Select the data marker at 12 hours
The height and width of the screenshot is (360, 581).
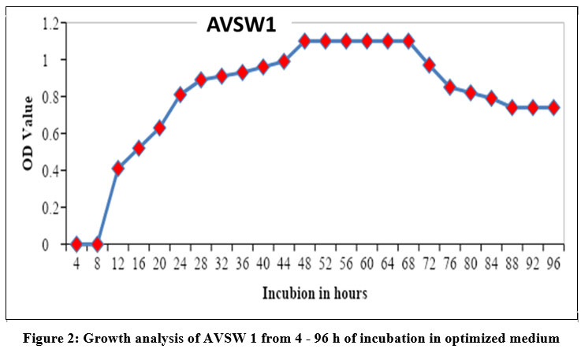pyautogui.click(x=118, y=168)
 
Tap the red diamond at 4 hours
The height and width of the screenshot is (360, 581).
pyautogui.click(x=76, y=244)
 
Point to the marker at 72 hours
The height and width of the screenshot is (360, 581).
pyautogui.click(x=430, y=65)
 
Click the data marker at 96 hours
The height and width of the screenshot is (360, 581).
pyautogui.click(x=553, y=107)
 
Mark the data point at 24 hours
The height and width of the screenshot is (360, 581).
pyautogui.click(x=181, y=95)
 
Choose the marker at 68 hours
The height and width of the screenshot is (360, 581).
pyautogui.click(x=408, y=41)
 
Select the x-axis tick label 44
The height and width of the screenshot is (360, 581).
pyautogui.click(x=284, y=263)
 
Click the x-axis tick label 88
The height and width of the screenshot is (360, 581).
pyautogui.click(x=512, y=263)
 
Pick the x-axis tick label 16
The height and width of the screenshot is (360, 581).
pyautogui.click(x=139, y=263)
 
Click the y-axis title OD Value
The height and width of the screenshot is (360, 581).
pyautogui.click(x=28, y=134)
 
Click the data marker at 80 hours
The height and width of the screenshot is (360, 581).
pyautogui.click(x=471, y=92)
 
